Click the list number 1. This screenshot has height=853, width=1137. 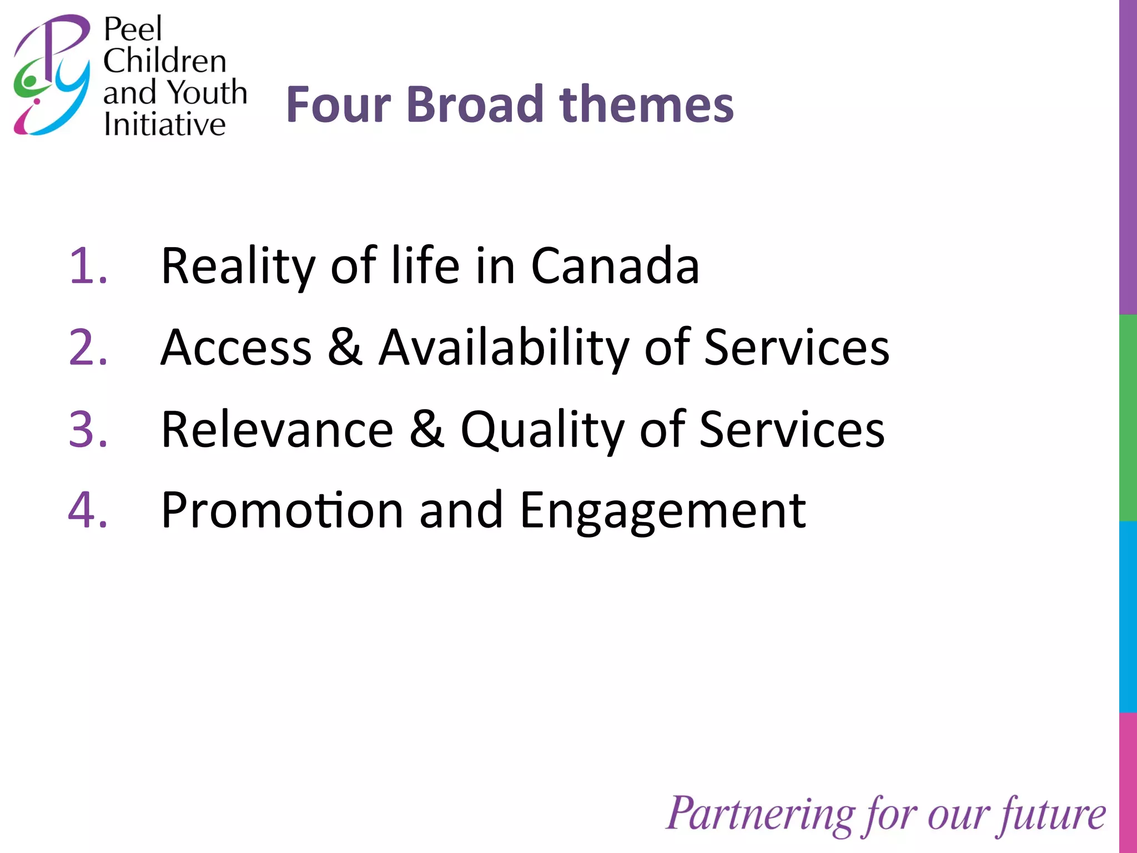[x=88, y=266]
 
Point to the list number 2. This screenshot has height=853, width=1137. [x=88, y=348]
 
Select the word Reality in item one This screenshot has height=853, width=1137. [x=238, y=267]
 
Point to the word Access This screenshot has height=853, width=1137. [x=236, y=348]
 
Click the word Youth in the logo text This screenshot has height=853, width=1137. [x=207, y=92]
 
